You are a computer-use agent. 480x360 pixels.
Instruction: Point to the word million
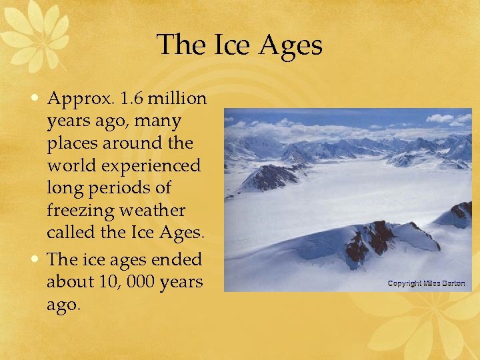coord(177,99)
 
